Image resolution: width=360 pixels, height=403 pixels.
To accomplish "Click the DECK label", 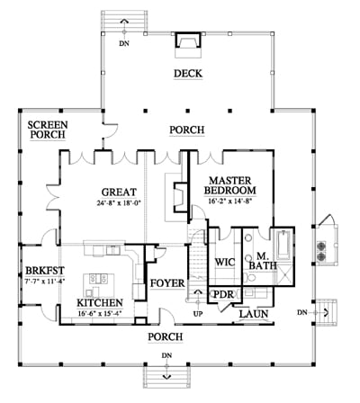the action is [188, 74].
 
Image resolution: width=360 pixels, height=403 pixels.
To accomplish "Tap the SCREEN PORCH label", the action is [48, 130].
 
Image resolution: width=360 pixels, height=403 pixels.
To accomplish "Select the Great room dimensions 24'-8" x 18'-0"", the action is [119, 202].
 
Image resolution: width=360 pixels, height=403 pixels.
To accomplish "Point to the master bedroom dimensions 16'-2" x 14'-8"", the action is [229, 201].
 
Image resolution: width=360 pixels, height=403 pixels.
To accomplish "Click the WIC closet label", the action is [225, 263].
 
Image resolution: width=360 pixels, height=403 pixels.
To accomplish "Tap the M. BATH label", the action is [263, 261].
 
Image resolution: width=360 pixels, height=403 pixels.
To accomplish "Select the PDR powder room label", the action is [223, 294].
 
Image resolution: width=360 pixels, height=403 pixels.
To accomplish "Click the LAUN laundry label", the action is [254, 314].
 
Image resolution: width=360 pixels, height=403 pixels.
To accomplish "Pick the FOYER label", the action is [167, 283].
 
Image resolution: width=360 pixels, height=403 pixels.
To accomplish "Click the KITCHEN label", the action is [100, 303].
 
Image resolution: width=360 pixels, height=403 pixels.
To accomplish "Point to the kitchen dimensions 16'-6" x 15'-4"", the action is [102, 314].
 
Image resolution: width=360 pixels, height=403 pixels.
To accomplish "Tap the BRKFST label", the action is [45, 271].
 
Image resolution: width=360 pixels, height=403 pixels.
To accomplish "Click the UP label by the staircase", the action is [198, 314].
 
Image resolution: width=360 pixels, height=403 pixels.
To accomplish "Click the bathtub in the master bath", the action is [283, 245].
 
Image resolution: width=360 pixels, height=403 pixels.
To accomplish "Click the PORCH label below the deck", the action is [187, 130].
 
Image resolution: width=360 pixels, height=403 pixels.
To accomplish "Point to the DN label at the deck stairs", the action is [124, 43].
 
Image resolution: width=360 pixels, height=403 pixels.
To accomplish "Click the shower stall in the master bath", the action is [283, 275].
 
